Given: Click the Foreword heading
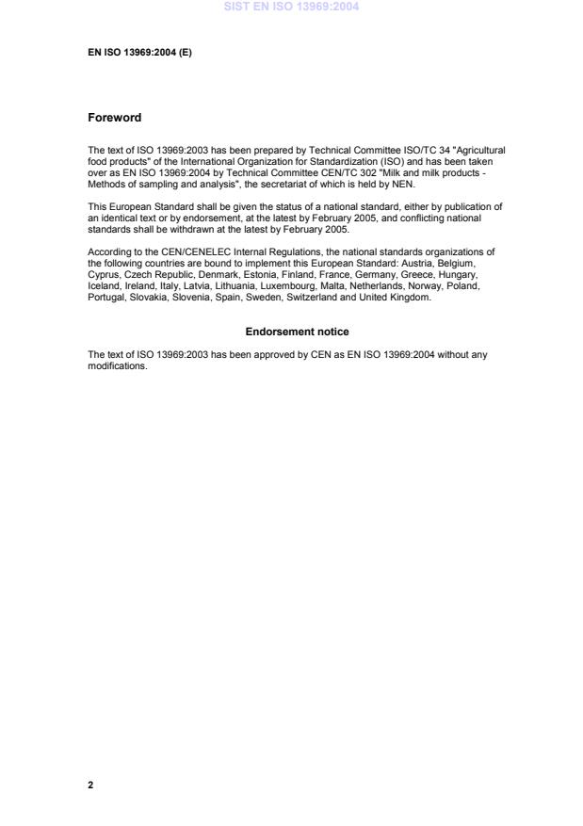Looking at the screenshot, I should tap(114, 118).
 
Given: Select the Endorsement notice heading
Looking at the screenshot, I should tap(297, 332).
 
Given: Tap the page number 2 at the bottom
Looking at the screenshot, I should tap(90, 784).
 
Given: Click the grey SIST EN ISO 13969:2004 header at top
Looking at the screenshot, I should tap(291, 7).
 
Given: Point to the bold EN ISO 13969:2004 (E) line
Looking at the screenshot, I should tap(139, 53).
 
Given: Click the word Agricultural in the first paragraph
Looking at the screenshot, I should tap(482, 150).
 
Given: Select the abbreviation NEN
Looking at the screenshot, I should tap(401, 184).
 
